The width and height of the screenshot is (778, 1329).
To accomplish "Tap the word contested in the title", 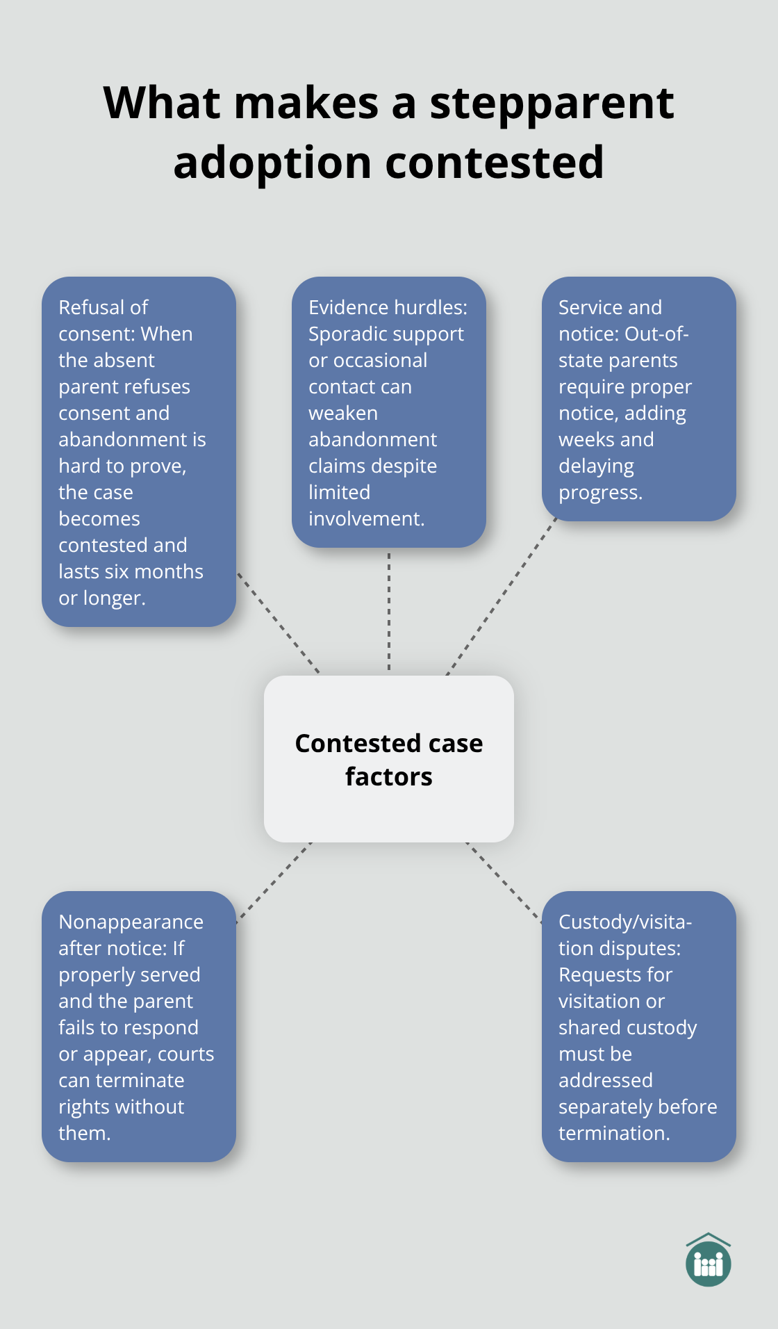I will coord(494,163).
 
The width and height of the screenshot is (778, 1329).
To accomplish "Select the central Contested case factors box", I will coord(388,759).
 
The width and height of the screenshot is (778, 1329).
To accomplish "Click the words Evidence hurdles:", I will coord(388,307).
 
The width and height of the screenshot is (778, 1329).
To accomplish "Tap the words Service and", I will coord(610,307).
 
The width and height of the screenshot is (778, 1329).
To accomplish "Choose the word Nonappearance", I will coord(131,922).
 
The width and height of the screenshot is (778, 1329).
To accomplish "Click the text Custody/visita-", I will coord(624,922).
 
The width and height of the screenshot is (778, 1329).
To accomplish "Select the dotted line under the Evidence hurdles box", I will coord(389,612).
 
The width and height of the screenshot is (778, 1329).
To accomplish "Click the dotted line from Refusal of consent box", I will coord(278,623).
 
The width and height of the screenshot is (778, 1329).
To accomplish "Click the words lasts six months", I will coord(131,571).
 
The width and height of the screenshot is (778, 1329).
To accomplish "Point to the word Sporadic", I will coord(349,334).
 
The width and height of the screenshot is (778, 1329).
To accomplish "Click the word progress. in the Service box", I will coord(600,492).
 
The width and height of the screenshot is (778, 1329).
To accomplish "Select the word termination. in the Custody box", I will coord(614,1133).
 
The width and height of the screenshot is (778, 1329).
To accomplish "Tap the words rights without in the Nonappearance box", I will coord(121,1107).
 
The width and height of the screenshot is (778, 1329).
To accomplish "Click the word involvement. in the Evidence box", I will coord(366,519).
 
